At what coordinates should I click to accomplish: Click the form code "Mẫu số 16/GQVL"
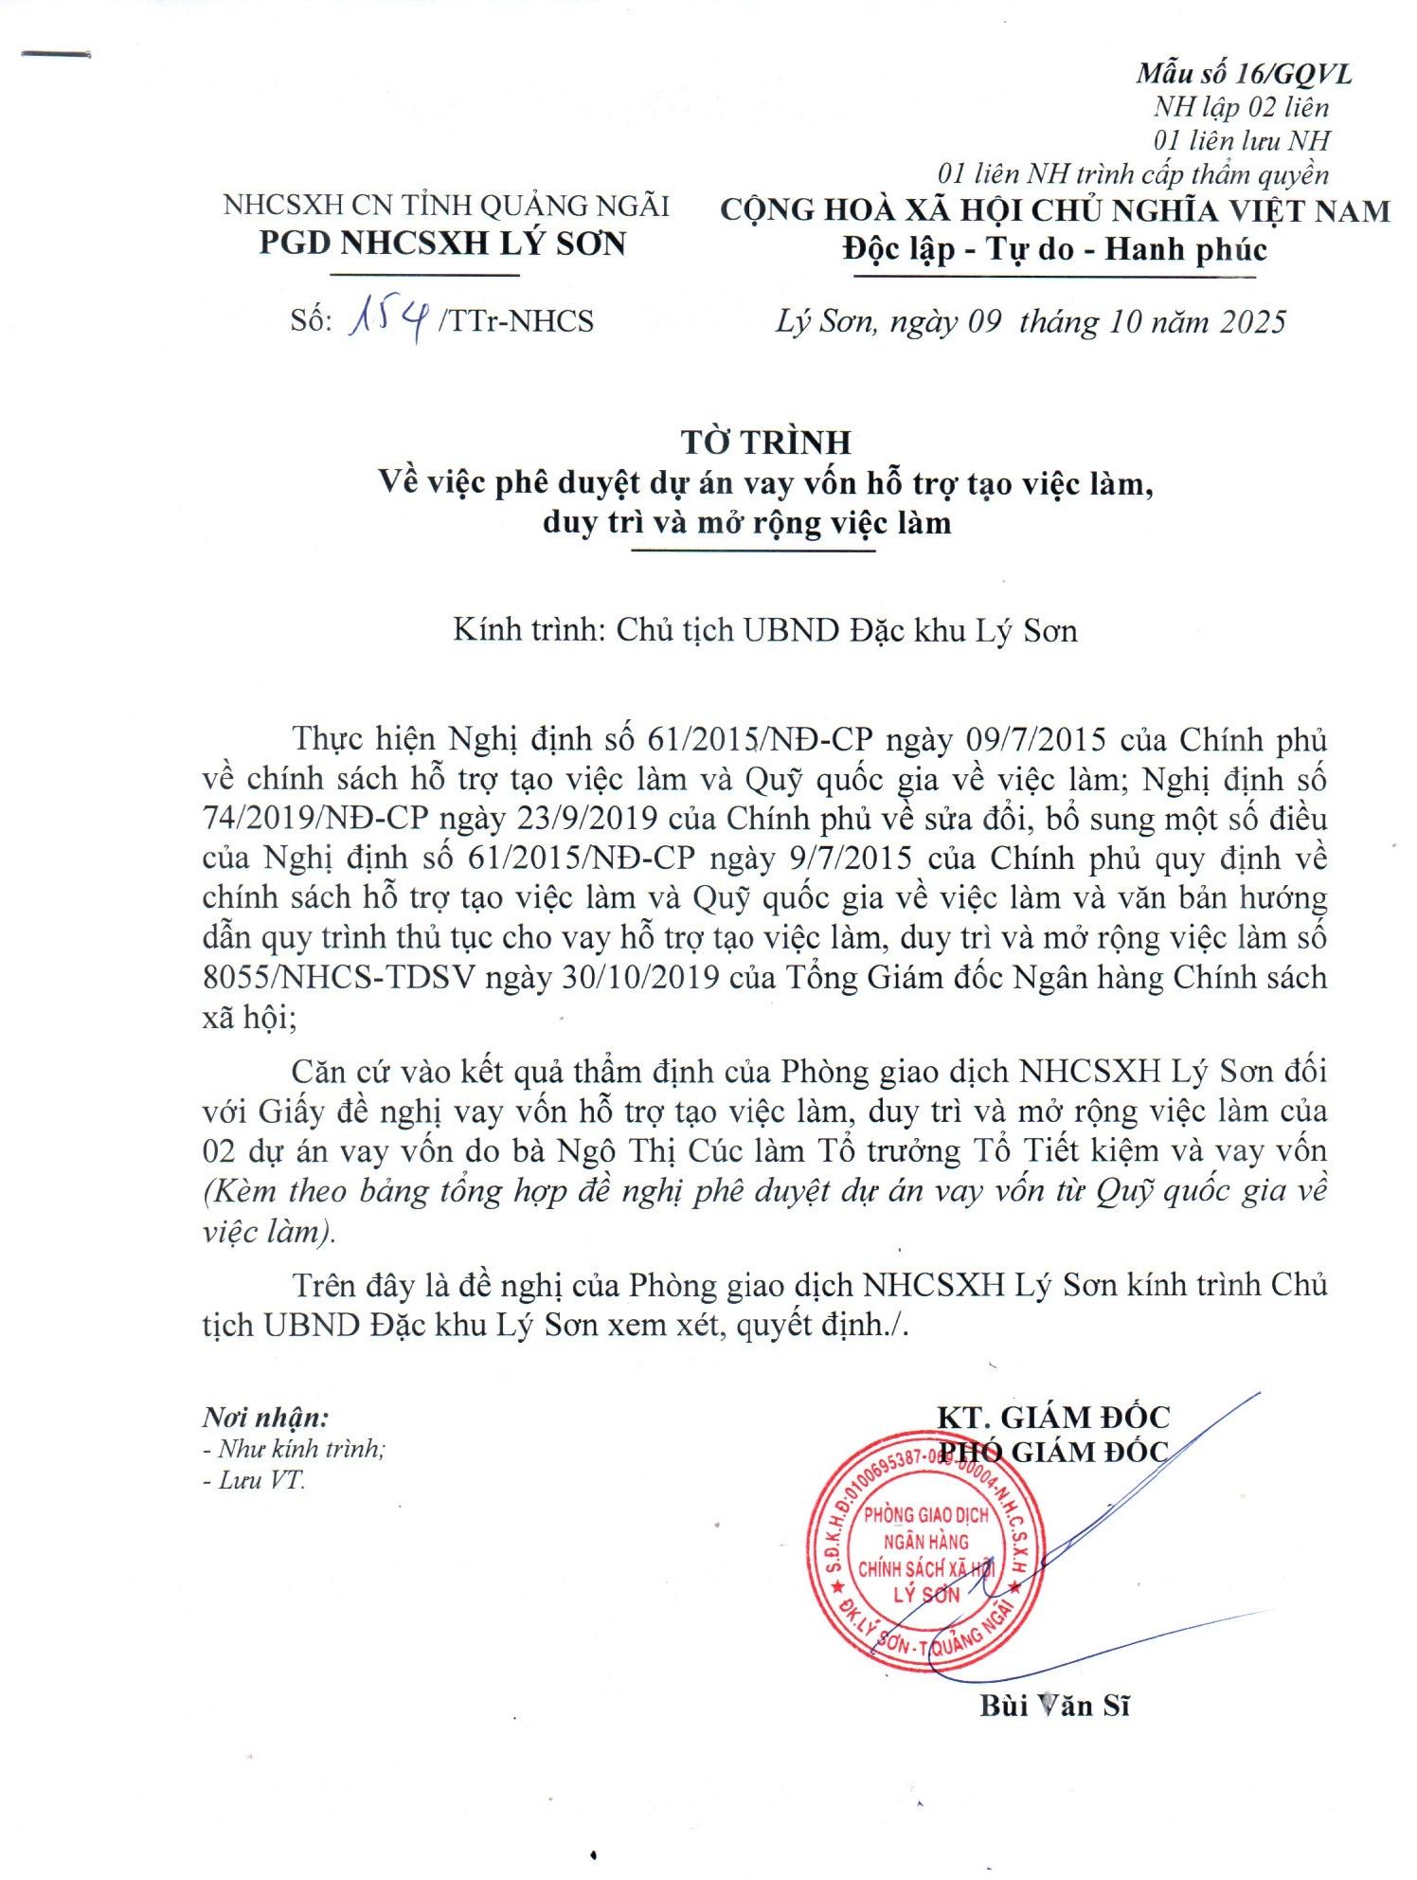tap(1244, 74)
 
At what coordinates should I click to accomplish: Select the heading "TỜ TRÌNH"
tap(765, 443)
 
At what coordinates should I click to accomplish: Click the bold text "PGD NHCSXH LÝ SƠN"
tap(443, 244)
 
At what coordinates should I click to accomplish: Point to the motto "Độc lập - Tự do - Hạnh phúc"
tap(1054, 249)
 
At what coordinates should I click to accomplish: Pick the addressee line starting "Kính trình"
tap(764, 630)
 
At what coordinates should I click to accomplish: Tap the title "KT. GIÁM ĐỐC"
tap(1053, 1417)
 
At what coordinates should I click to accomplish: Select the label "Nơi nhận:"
tap(266, 1418)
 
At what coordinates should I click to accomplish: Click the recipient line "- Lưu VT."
tap(254, 1480)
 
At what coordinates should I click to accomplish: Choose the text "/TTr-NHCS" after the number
tap(516, 321)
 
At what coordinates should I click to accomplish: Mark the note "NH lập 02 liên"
tap(1241, 108)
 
